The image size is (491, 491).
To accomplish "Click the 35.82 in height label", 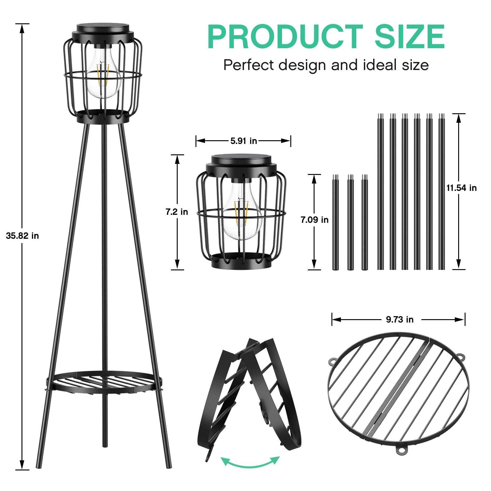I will [22, 236].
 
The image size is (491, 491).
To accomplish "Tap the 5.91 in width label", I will [244, 141].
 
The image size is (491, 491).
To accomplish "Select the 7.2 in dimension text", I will [177, 212].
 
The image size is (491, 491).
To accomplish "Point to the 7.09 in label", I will [315, 220].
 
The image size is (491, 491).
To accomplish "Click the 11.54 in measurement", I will [462, 188].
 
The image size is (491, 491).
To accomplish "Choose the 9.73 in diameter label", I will [400, 319].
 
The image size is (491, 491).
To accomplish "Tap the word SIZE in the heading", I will [409, 37].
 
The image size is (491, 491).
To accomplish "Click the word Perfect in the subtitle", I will [249, 65].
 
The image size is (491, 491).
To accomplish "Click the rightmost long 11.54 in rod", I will [441, 192].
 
